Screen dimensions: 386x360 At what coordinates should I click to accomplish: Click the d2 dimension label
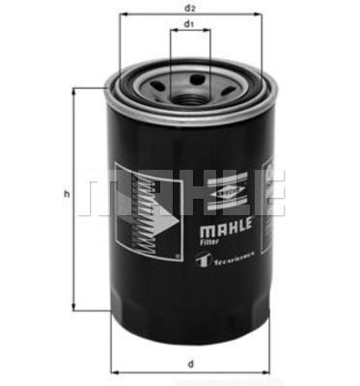tap(190, 8)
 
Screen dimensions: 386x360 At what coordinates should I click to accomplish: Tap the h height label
tap(67, 195)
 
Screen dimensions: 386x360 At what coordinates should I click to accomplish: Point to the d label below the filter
tap(190, 363)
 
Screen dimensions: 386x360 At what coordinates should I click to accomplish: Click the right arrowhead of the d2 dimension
tap(260, 15)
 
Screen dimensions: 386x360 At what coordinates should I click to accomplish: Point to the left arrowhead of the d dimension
tap(114, 372)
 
